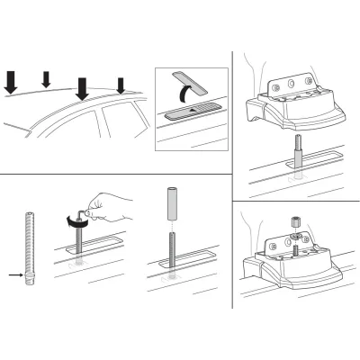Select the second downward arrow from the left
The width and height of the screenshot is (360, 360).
point(47,80)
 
